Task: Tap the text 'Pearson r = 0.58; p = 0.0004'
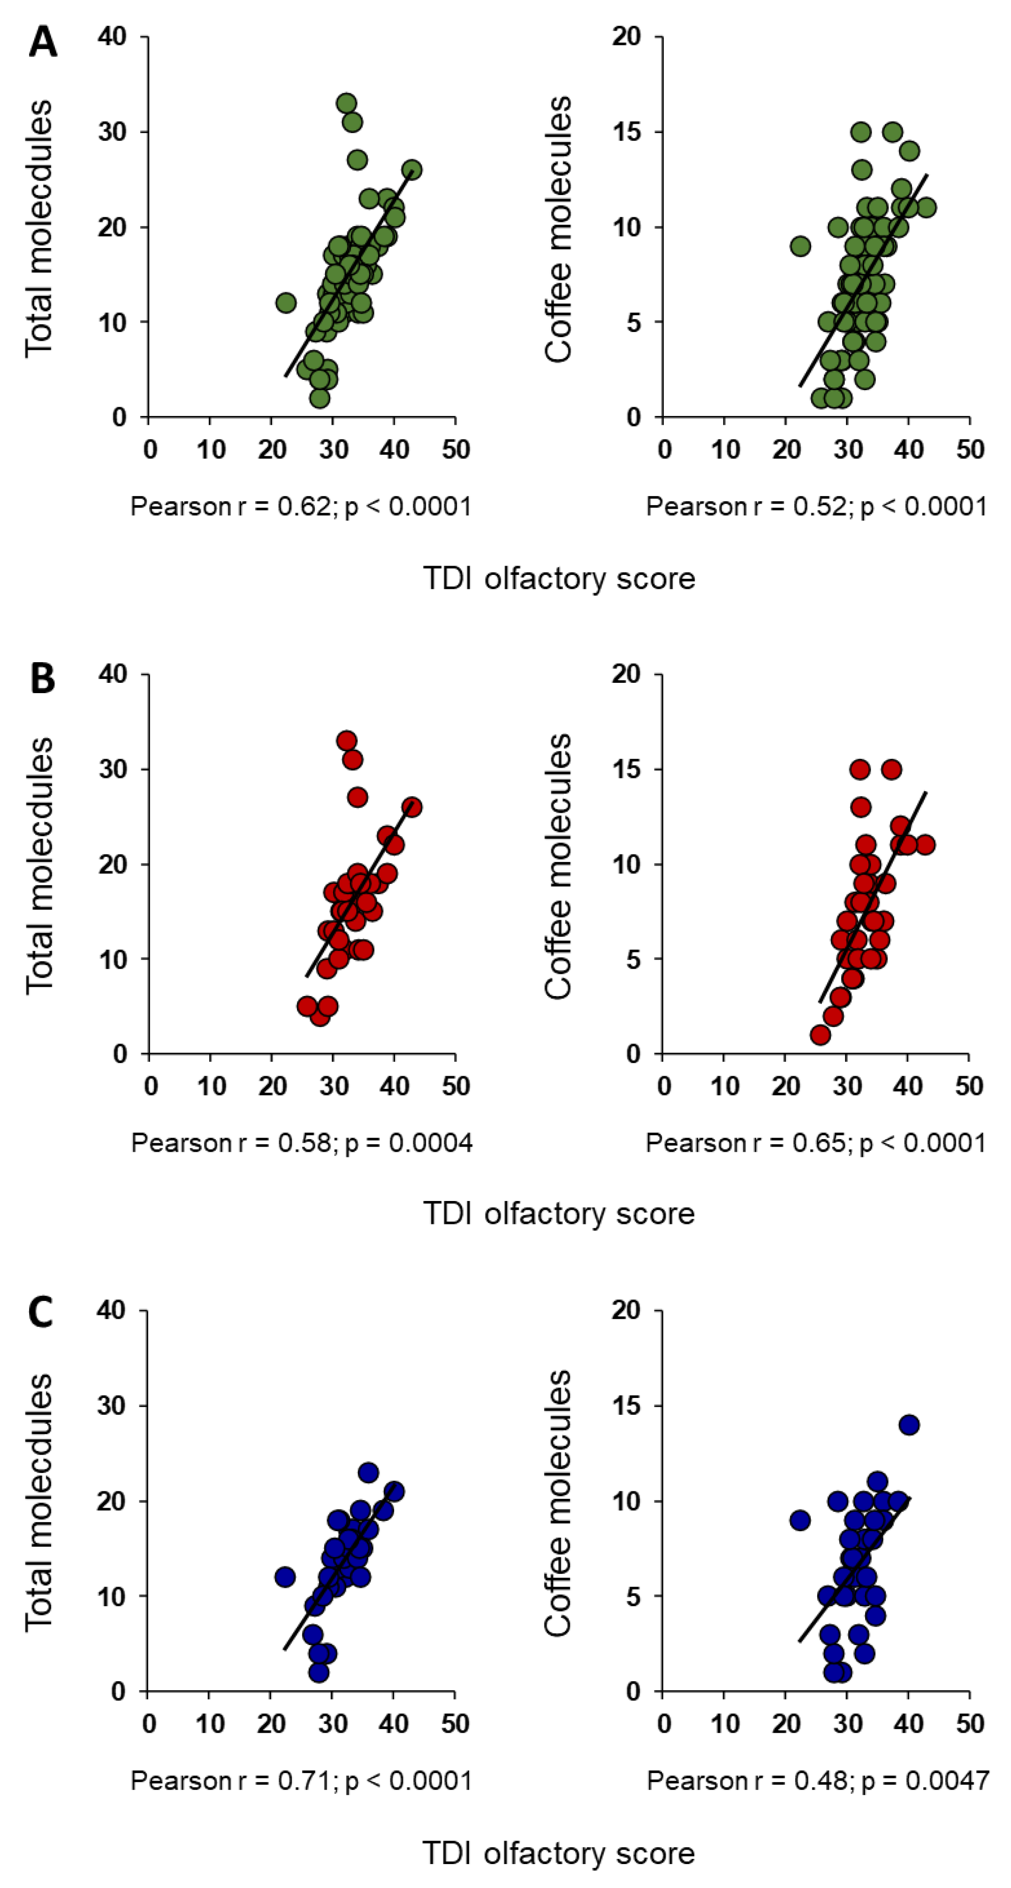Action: tap(301, 1143)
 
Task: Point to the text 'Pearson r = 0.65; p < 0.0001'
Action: tap(816, 1143)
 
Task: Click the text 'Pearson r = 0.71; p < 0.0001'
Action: tap(301, 1780)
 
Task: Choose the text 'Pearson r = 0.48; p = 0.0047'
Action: tap(817, 1780)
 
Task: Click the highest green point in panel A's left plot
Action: tap(347, 103)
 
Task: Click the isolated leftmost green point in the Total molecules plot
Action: tap(286, 302)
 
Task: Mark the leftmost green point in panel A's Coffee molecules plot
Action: tap(800, 246)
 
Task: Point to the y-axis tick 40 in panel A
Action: tap(113, 37)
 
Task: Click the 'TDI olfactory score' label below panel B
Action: tap(559, 1214)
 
